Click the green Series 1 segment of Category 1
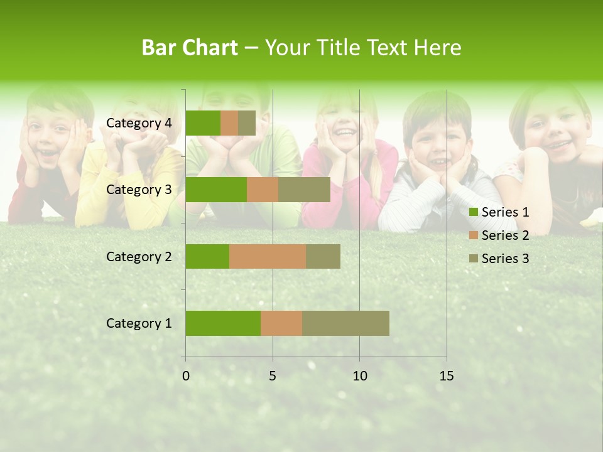pos(223,323)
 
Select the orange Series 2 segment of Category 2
pos(268,256)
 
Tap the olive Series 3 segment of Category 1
pos(345,323)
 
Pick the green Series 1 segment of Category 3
pos(216,190)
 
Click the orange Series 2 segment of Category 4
pos(229,123)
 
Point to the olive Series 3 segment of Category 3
pos(304,190)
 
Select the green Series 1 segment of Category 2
pos(207,256)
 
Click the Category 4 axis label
pos(139,123)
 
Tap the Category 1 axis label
pos(139,323)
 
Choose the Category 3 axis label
pos(139,190)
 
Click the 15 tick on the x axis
pos(447,376)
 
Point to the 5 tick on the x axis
pos(273,376)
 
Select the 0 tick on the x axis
pos(186,376)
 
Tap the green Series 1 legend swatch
pos(474,212)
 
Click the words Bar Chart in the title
pos(190,48)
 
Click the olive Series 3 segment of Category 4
pos(247,123)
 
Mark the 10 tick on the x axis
pos(359,376)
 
